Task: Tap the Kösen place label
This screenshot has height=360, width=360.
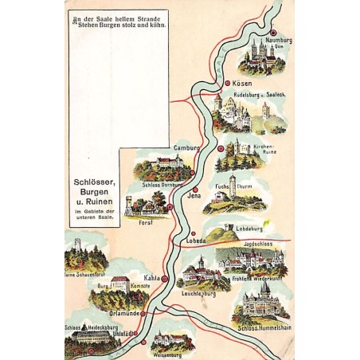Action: (242, 83)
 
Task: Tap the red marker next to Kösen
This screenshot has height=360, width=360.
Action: (226, 83)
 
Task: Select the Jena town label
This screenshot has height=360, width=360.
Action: (194, 195)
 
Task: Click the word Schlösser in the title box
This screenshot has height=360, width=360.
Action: (92, 182)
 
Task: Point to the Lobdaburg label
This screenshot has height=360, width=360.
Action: (250, 228)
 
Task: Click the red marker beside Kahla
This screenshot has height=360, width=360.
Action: (164, 280)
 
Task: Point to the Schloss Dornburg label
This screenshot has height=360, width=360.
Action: (162, 185)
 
